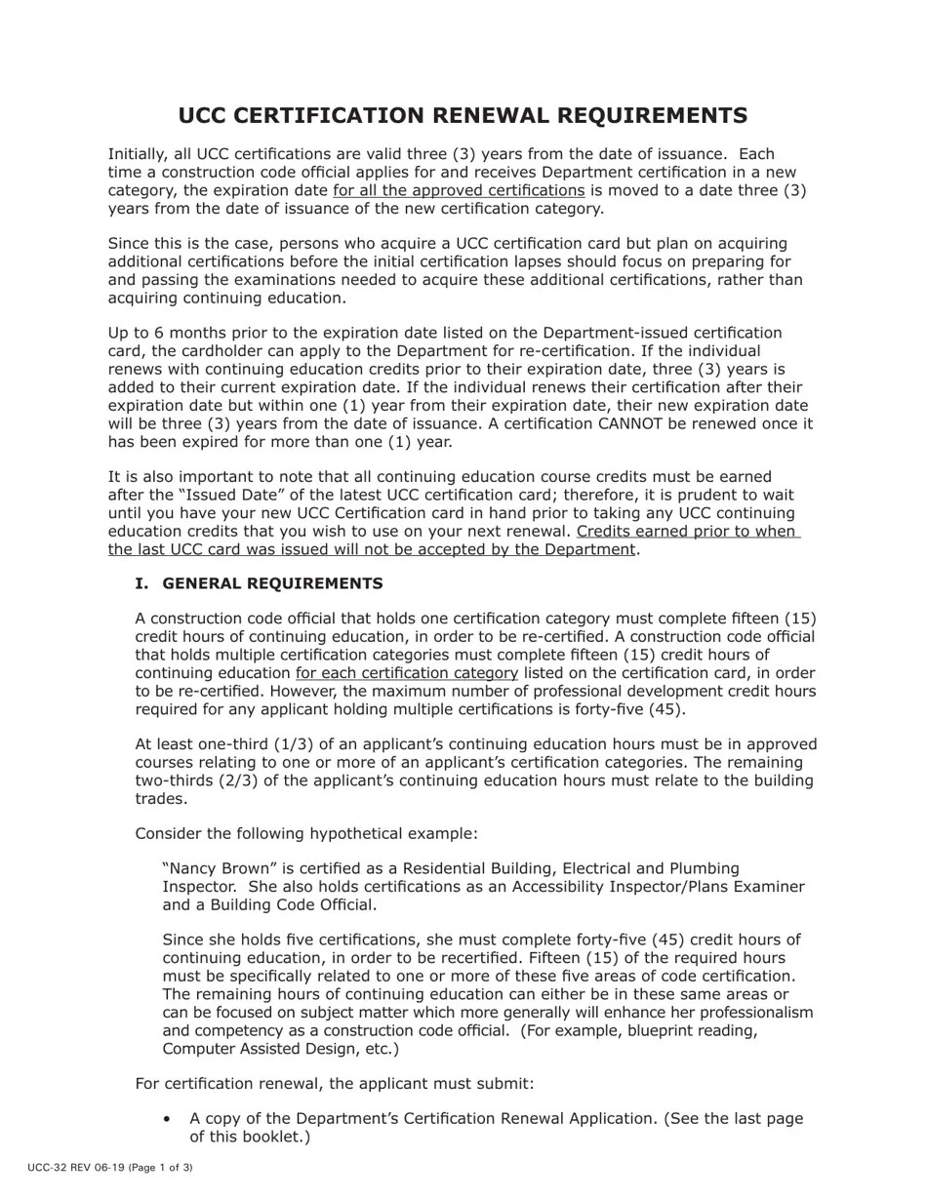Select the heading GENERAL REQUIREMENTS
click(x=272, y=583)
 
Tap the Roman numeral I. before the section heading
click(x=142, y=583)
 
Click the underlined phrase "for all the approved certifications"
click(x=459, y=190)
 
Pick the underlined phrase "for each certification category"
click(x=407, y=673)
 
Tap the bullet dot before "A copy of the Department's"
click(x=169, y=1119)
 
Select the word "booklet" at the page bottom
click(x=274, y=1137)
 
